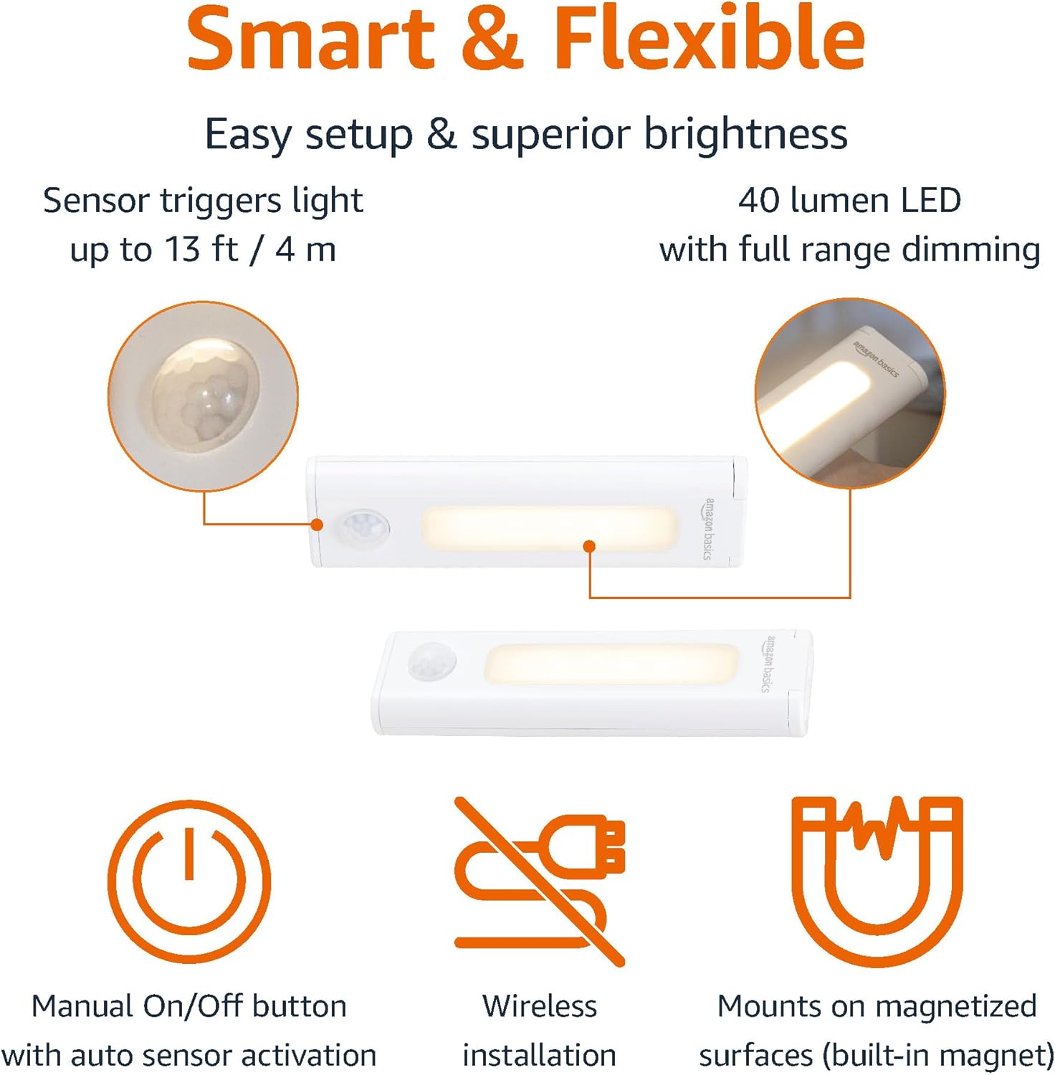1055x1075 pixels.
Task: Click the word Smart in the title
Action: (311, 37)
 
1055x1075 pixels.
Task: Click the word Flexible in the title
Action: (710, 37)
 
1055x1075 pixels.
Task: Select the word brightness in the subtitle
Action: (745, 134)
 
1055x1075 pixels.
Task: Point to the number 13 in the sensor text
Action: (183, 249)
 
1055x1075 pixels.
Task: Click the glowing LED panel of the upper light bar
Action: (549, 529)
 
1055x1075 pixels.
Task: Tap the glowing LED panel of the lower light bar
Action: (611, 663)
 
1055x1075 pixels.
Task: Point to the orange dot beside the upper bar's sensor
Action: (317, 525)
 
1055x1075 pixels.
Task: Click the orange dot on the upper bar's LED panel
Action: (589, 546)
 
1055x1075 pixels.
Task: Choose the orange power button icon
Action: (189, 881)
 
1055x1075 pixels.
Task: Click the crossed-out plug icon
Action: (540, 881)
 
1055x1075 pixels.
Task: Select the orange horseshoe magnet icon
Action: (877, 881)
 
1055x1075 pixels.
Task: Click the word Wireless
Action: (540, 1006)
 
